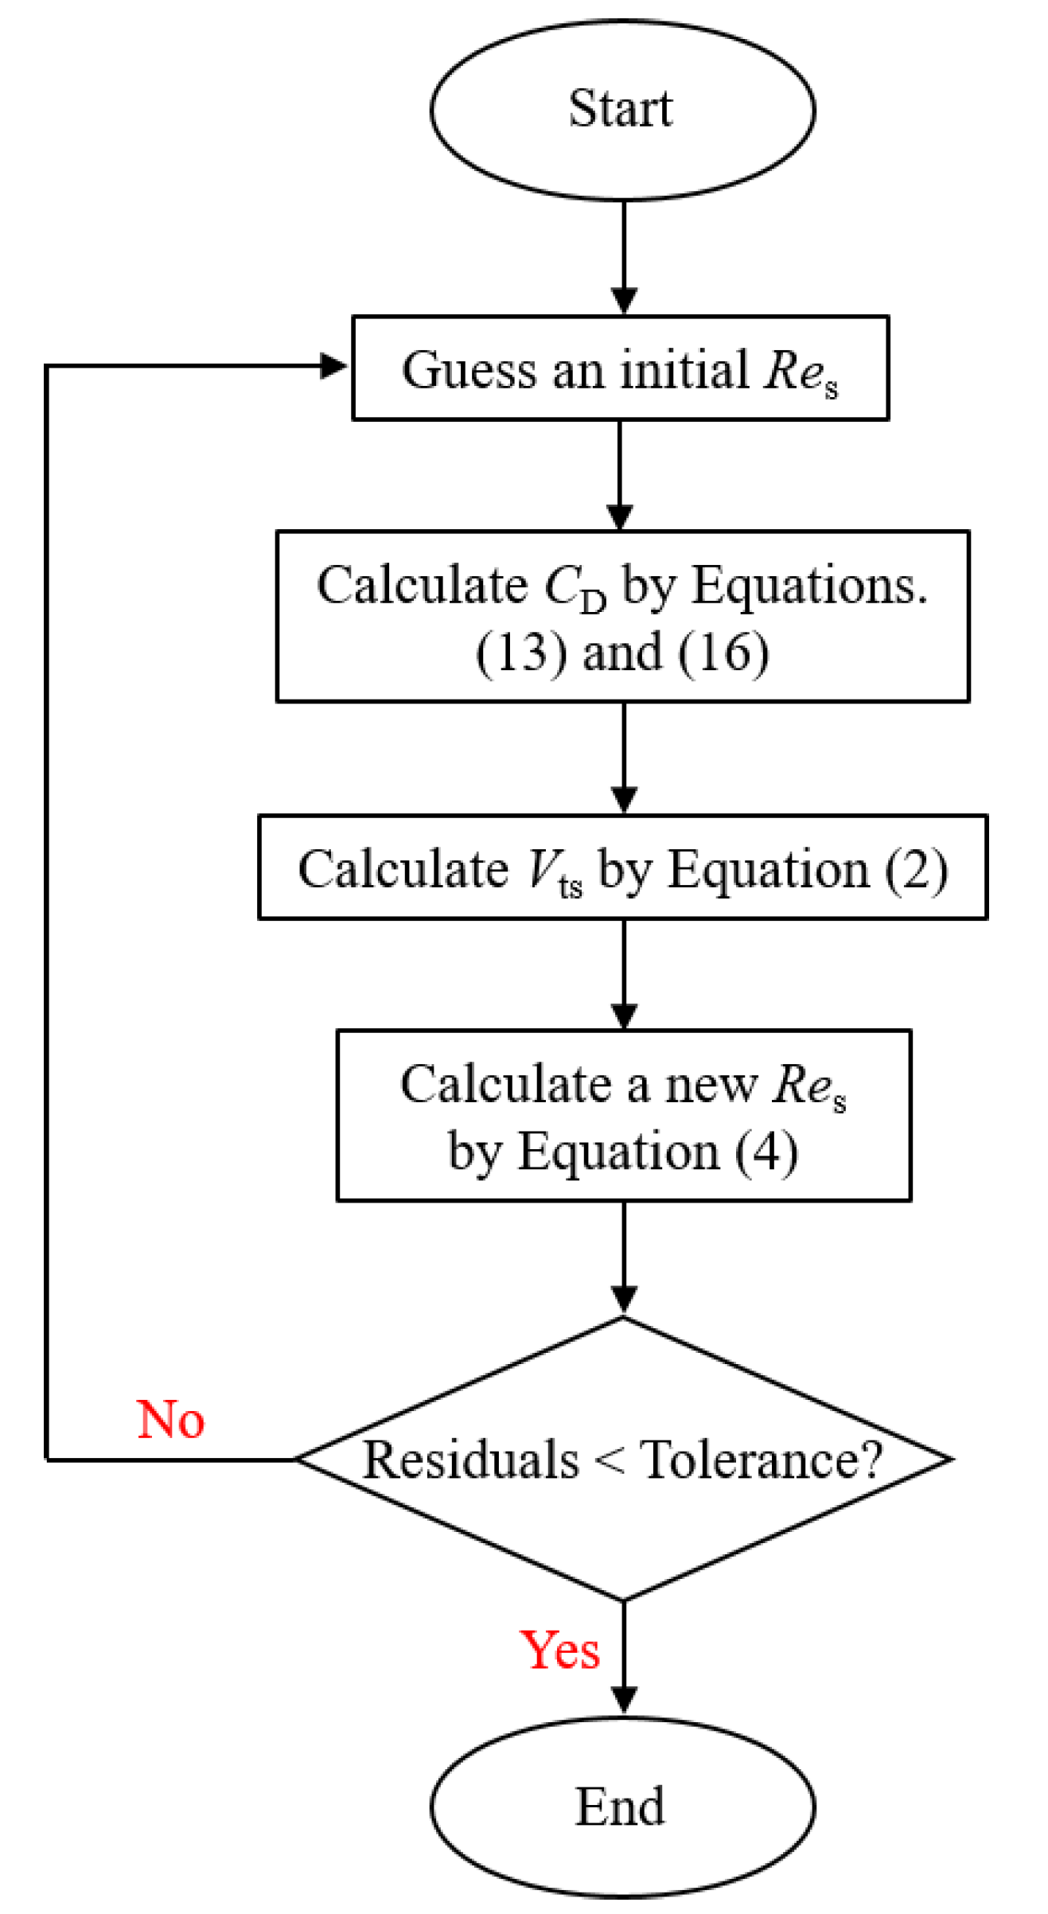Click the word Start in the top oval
[x=620, y=108]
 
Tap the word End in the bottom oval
[x=620, y=1807]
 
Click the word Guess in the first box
[x=469, y=370]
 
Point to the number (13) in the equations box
[x=521, y=653]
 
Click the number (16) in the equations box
[x=723, y=653]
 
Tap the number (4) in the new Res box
[x=766, y=1152]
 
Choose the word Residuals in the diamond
[x=471, y=1460]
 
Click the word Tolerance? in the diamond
[x=762, y=1460]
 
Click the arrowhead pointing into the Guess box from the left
[x=333, y=366]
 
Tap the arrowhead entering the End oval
[x=624, y=1699]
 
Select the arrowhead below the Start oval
[x=624, y=301]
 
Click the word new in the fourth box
[x=711, y=1086]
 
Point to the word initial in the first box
[x=684, y=370]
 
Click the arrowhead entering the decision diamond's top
[x=624, y=1298]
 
